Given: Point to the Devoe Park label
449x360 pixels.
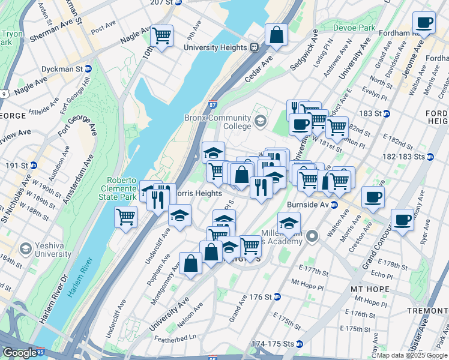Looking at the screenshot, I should pyautogui.click(x=354, y=28).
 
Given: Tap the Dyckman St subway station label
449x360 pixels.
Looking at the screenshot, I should pyautogui.click(x=67, y=69).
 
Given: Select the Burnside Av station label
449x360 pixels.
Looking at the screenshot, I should pyautogui.click(x=315, y=204).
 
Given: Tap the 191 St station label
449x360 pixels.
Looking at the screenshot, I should pyautogui.click(x=20, y=164).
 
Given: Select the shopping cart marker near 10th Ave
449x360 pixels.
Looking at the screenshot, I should pyautogui.click(x=161, y=36).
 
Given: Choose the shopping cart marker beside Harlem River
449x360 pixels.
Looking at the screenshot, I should pyautogui.click(x=126, y=216).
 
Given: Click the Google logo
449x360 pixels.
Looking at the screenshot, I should pyautogui.click(x=20, y=353).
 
